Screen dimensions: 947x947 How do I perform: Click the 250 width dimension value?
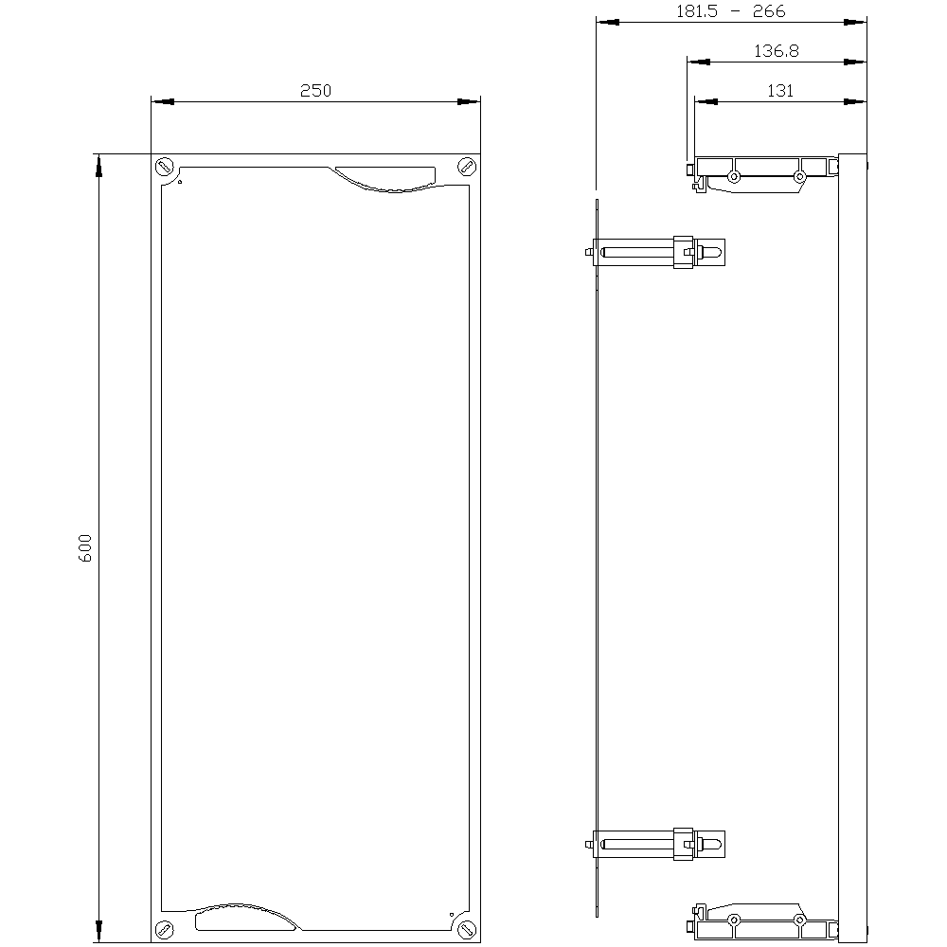(x=315, y=91)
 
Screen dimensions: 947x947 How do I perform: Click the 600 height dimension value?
(x=85, y=549)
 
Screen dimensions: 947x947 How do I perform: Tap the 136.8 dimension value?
(x=777, y=52)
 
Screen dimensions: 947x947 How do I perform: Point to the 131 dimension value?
(x=780, y=91)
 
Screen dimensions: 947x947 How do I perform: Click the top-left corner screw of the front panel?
(x=165, y=167)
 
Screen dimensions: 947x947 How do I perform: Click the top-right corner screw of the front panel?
(x=466, y=167)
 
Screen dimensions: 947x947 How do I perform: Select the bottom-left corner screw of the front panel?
(x=165, y=929)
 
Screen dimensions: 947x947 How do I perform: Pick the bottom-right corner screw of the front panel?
(x=466, y=929)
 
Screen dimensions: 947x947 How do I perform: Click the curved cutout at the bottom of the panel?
(x=241, y=916)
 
